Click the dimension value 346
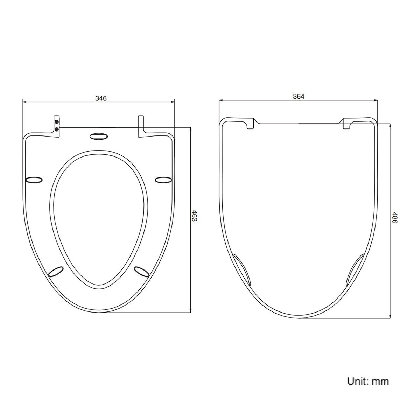point(101,98)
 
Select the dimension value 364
point(299,96)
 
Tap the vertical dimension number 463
point(194,216)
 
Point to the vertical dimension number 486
point(395,217)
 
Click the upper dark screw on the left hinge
point(57,121)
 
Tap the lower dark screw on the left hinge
point(57,130)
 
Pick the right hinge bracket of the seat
point(141,126)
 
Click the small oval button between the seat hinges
point(99,136)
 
